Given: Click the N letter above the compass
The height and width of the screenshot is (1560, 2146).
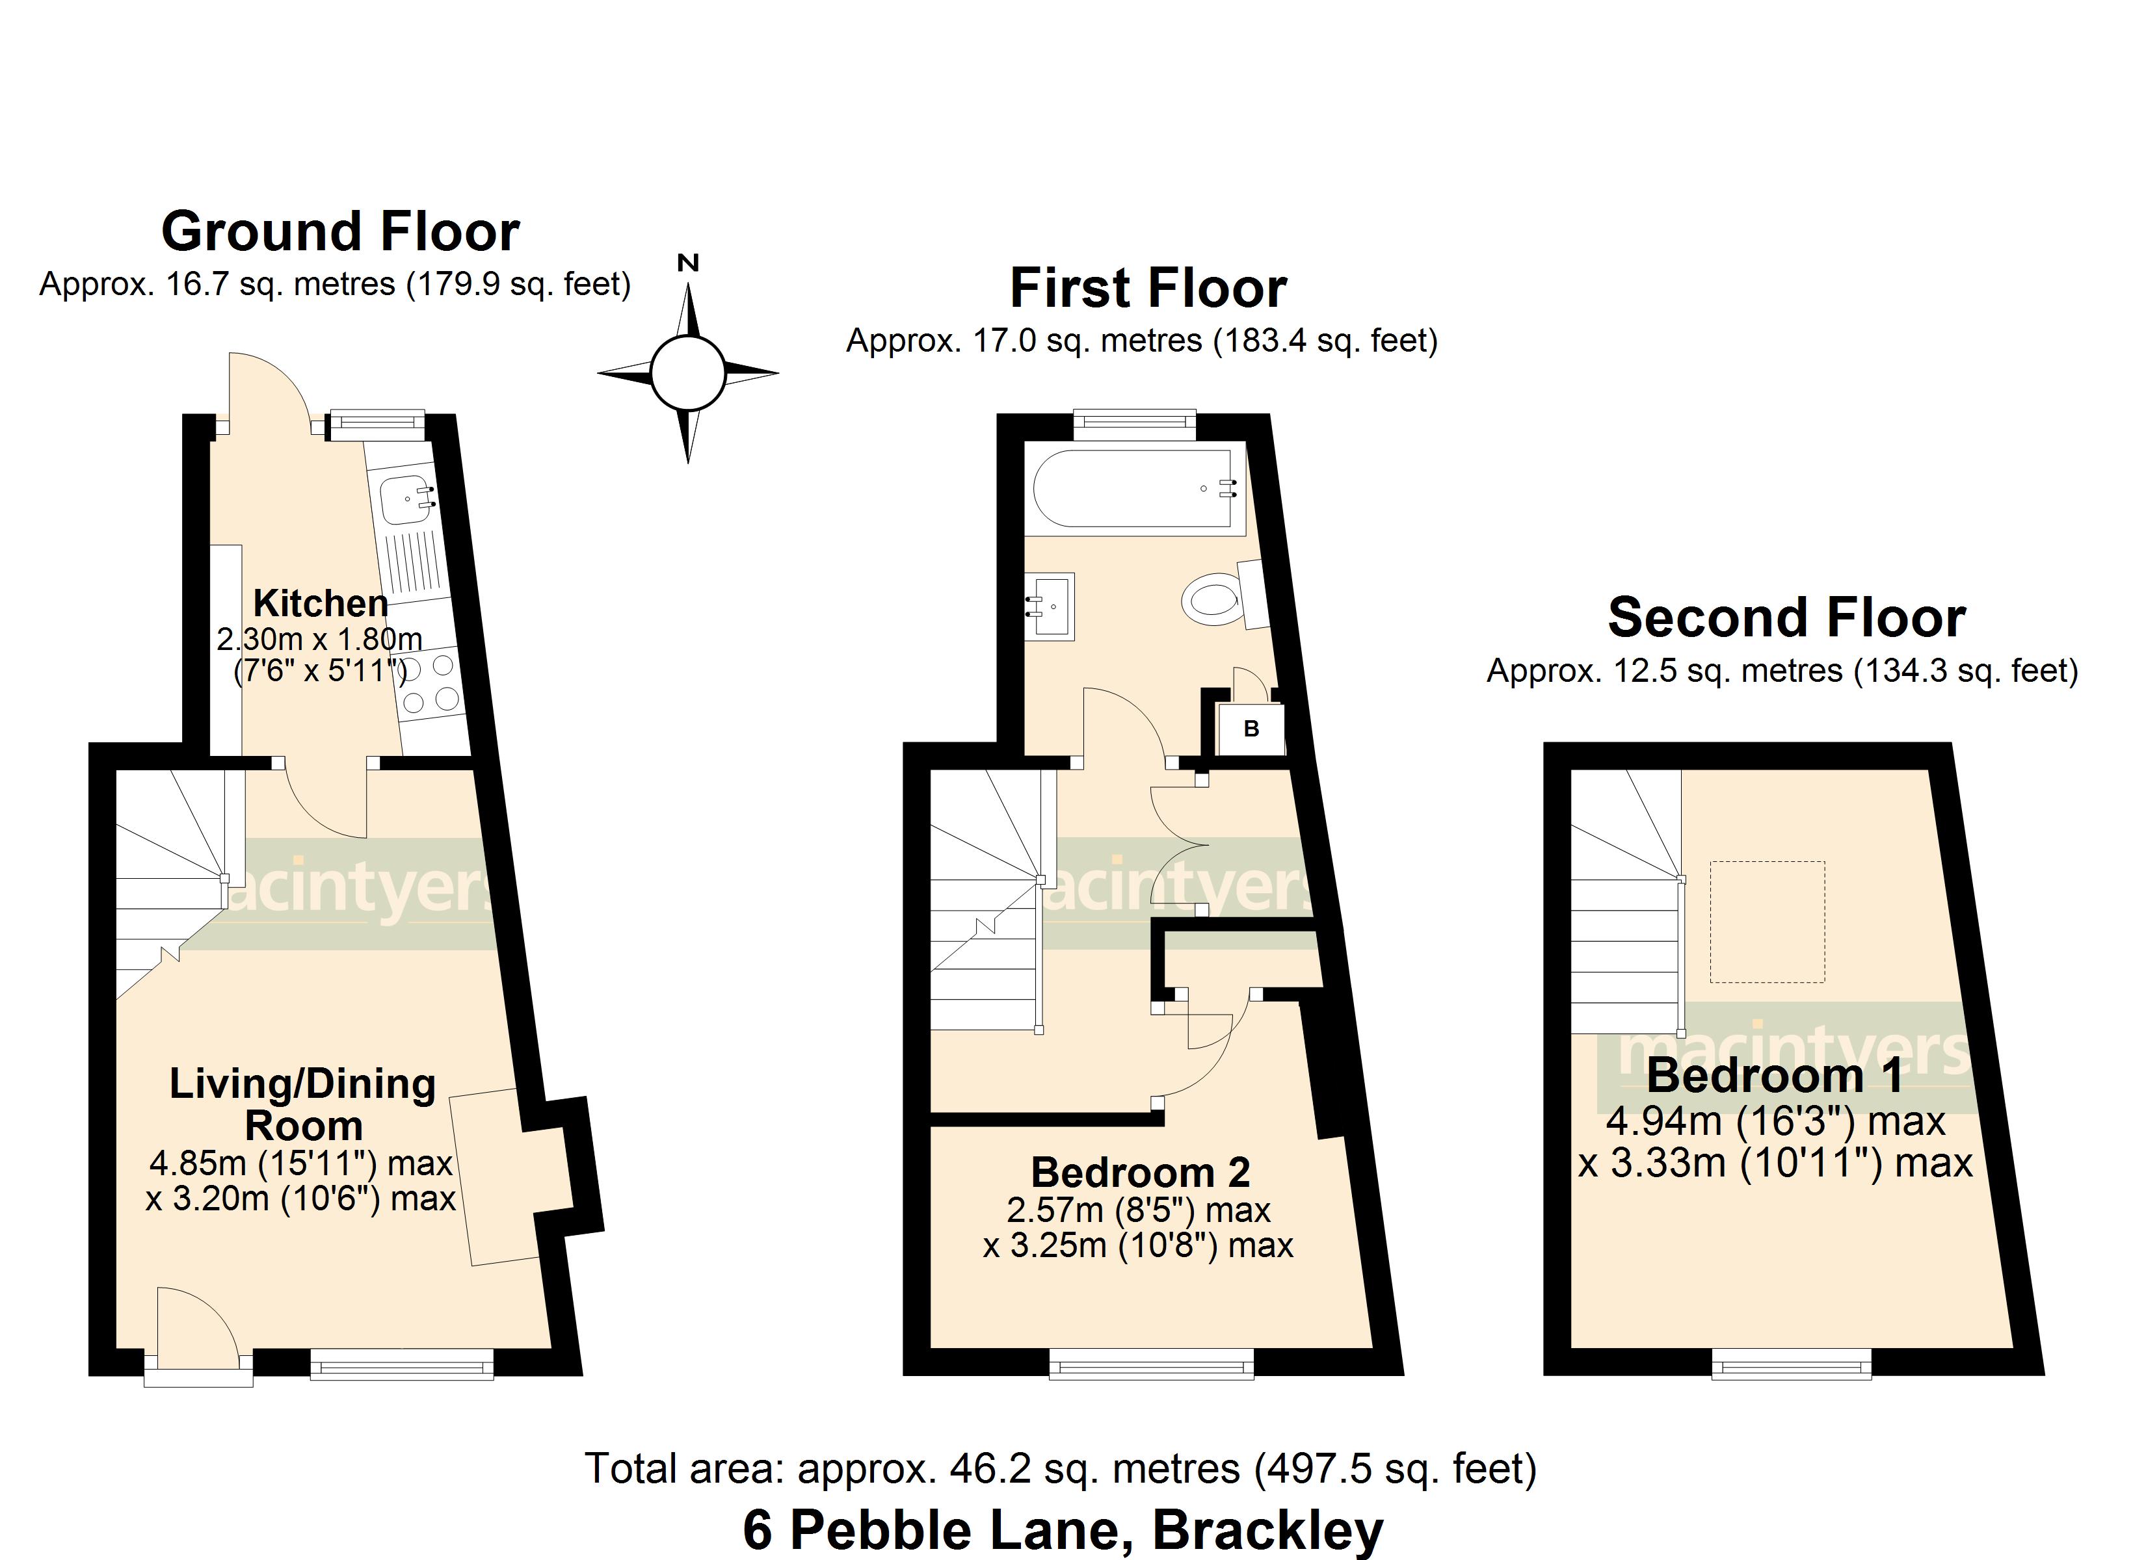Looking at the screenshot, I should coord(688,263).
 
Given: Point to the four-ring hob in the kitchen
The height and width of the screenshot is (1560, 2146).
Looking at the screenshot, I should coord(431,683).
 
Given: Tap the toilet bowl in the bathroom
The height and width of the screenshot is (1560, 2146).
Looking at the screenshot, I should coord(1211,601).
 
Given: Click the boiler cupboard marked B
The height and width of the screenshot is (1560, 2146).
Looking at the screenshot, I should coord(1251,729).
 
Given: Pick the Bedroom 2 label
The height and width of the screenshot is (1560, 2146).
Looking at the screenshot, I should coord(1140,1173).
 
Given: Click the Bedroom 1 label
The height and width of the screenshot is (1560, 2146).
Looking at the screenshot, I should coord(1774,1076).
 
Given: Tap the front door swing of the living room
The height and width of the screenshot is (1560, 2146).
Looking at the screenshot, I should coord(194,1329).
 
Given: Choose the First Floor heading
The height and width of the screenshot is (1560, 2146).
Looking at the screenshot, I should coord(1148,289).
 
